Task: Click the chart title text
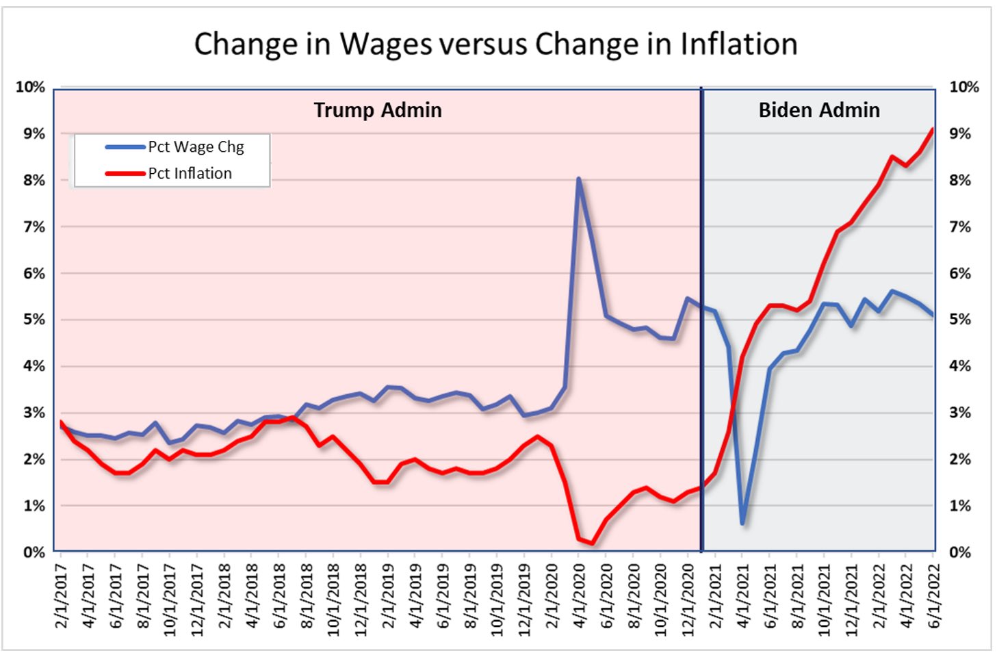tap(495, 44)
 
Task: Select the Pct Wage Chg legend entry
tap(196, 147)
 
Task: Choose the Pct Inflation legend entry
tap(190, 174)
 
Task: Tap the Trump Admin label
tap(378, 110)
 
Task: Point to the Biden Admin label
tap(819, 110)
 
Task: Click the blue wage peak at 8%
tap(578, 179)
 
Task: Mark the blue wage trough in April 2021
tap(742, 523)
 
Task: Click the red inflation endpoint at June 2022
tap(933, 129)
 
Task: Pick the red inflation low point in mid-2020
tap(592, 543)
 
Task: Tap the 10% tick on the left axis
tap(31, 87)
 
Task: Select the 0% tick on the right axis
tap(960, 552)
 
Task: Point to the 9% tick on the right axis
tap(960, 133)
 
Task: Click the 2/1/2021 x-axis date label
tap(716, 595)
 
